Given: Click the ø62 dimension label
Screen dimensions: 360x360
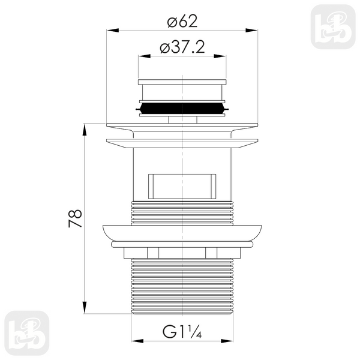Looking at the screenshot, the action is click(x=182, y=22).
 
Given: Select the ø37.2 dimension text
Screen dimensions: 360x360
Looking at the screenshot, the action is click(x=182, y=47).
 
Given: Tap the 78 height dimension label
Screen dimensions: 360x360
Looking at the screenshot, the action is click(x=76, y=218).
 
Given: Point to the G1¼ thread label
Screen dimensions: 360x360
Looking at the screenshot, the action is click(x=182, y=332).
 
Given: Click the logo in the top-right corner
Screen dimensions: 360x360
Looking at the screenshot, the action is click(x=333, y=27).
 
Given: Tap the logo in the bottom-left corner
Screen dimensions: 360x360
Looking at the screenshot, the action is click(x=27, y=333).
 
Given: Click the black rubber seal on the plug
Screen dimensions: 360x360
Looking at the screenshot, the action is click(x=182, y=109).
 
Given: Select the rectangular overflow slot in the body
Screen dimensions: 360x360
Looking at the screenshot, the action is click(x=182, y=187).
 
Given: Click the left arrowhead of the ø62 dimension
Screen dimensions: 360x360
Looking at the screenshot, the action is click(x=113, y=31).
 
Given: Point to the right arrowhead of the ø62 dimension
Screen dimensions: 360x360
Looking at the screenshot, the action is click(x=251, y=31).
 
